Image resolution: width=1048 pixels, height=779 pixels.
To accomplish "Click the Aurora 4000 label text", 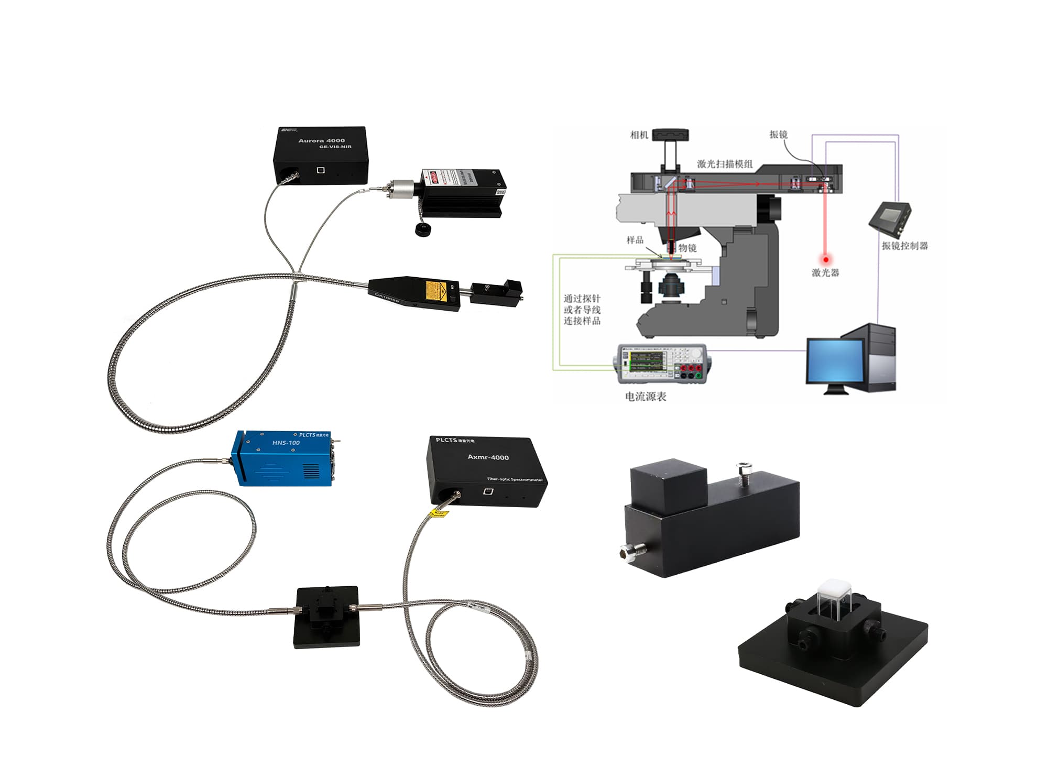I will [x=321, y=140].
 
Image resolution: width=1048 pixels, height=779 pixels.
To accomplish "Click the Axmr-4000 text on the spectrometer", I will [x=488, y=457].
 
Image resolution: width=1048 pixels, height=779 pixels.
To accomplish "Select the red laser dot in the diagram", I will [x=826, y=259].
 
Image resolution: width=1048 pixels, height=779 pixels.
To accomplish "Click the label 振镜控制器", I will [x=904, y=246].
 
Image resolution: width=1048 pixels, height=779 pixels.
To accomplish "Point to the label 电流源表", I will [x=646, y=397].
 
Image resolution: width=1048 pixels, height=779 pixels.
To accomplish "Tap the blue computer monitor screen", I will [x=835, y=361].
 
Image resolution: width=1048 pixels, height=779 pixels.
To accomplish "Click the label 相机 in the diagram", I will [x=639, y=135].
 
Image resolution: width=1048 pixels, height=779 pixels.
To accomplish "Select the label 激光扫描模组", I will [x=725, y=164].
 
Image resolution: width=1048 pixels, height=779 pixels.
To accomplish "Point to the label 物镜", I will [x=687, y=248].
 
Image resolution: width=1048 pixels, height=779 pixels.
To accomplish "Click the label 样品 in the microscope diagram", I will [x=635, y=240].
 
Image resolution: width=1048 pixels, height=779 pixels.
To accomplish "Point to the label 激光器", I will [x=825, y=272].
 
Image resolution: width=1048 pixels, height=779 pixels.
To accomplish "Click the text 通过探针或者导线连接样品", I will [x=582, y=310].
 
